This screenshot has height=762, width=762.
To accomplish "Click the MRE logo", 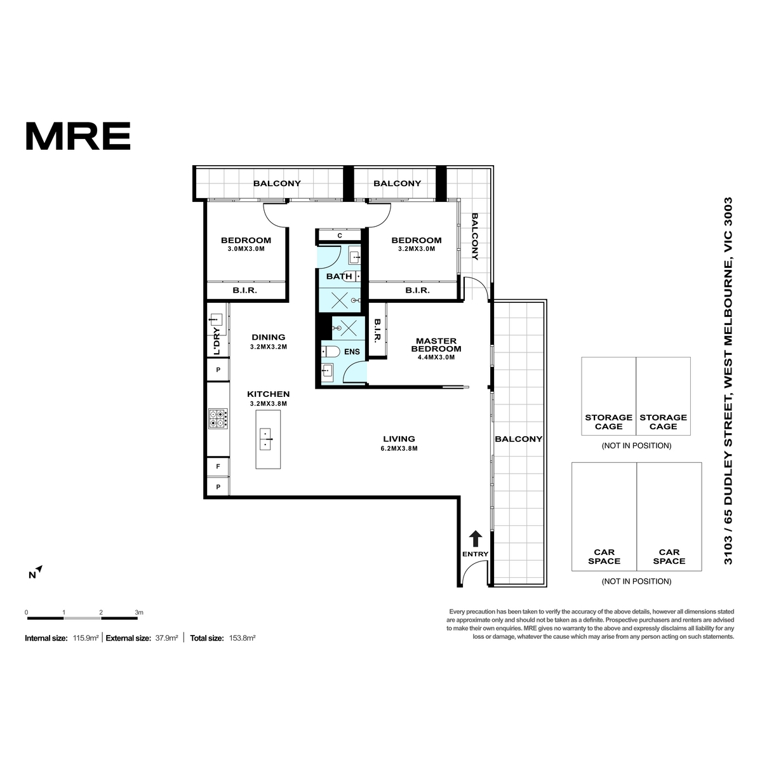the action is click(78, 136).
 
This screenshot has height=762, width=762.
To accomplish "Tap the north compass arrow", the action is click(39, 569).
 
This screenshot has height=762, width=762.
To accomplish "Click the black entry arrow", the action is click(476, 538).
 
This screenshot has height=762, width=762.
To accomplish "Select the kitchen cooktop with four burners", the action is click(218, 418).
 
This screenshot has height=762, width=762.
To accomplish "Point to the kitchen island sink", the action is click(265, 439).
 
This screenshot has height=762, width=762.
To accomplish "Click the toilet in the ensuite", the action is click(331, 351).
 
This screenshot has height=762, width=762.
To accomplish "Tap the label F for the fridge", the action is click(218, 467).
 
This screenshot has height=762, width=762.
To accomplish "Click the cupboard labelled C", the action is click(339, 236).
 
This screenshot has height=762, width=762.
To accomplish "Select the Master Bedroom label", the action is click(436, 345).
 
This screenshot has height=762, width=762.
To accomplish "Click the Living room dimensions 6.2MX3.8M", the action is click(399, 448).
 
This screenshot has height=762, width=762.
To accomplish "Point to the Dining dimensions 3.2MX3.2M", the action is click(269, 347).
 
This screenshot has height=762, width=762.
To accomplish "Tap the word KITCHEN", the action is click(269, 394).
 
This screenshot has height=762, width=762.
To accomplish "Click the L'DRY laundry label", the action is click(217, 342).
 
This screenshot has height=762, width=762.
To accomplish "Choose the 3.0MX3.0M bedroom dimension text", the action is click(246, 249).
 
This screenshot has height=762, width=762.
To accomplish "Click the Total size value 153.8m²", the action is click(242, 638).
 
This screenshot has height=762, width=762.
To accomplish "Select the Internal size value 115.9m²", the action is click(86, 638).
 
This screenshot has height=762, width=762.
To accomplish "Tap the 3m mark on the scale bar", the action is click(139, 613).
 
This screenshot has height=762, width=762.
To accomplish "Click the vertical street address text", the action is click(728, 381).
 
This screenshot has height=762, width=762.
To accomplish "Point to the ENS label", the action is click(352, 352).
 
